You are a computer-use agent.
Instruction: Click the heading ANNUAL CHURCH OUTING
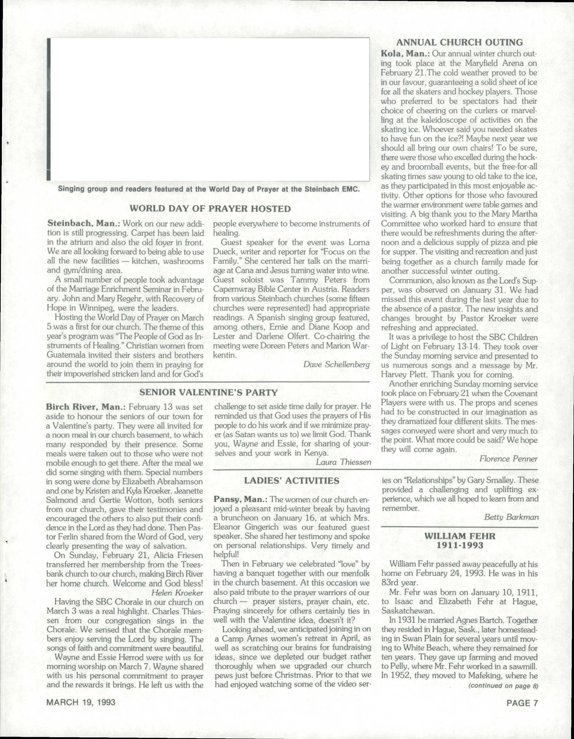(x=459, y=42)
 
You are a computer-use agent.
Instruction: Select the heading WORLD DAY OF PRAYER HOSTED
(x=210, y=209)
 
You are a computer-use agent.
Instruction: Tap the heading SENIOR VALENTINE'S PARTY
(x=209, y=392)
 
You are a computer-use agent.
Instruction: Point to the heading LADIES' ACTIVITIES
(x=292, y=481)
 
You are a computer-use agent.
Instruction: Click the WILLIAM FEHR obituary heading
(x=459, y=536)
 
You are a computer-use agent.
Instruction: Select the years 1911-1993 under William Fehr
(x=459, y=545)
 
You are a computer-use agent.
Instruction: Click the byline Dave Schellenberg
(x=336, y=364)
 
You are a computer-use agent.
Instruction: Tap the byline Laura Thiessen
(x=343, y=462)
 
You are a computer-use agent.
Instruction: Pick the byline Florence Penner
(x=509, y=459)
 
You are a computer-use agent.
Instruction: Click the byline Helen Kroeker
(x=177, y=593)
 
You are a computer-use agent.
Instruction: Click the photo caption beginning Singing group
(x=209, y=189)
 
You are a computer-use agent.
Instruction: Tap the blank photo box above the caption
(x=209, y=109)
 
